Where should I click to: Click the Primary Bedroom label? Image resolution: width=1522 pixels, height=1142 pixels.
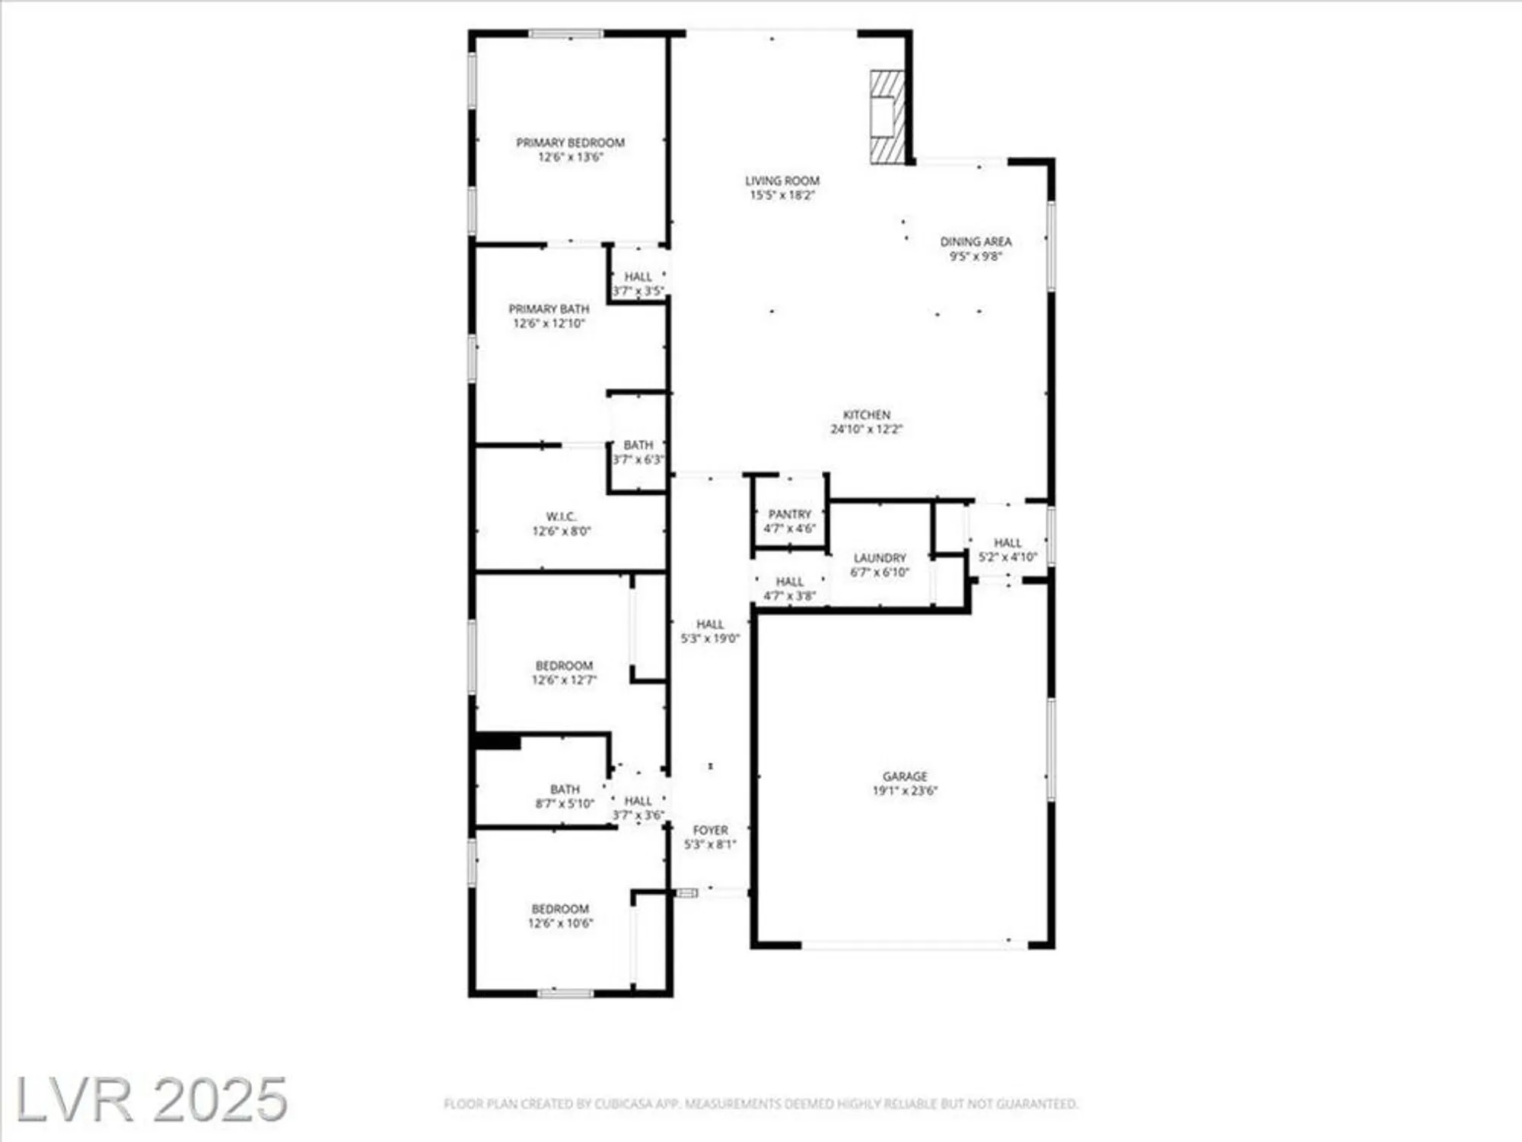570,142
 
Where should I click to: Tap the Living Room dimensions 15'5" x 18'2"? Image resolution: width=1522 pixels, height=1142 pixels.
782,195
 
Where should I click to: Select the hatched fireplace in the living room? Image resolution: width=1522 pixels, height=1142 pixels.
887,116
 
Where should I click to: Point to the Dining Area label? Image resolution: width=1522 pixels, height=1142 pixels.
976,241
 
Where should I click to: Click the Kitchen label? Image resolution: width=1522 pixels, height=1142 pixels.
866,415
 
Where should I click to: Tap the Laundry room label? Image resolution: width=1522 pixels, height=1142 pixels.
880,558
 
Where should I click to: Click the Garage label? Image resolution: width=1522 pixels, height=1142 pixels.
905,776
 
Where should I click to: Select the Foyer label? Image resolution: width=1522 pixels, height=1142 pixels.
710,830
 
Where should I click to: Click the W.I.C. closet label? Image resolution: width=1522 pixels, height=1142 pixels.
561,517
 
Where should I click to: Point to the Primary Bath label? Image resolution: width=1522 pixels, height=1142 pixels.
549,309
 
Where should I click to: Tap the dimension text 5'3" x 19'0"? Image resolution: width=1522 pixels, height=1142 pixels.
710,639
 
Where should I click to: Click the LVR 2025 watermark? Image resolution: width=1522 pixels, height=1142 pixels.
151,1099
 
